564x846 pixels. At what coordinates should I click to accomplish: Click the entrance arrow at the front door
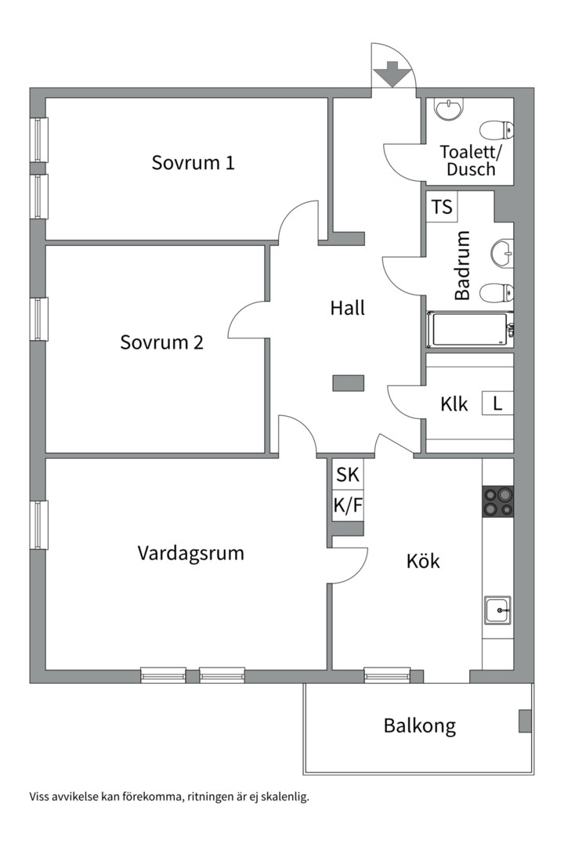tap(392, 76)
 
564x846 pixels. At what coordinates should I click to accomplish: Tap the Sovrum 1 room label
tap(193, 163)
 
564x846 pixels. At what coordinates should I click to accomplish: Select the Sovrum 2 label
tap(162, 342)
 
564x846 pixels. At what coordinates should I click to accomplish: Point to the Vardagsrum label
tap(190, 553)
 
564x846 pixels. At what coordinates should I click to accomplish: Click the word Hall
tap(347, 308)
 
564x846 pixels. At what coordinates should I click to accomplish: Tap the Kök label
tap(423, 561)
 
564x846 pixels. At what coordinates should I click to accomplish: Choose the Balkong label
tap(419, 725)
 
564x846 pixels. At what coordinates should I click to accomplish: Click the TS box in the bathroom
tap(443, 208)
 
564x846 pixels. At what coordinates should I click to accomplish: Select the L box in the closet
tap(497, 404)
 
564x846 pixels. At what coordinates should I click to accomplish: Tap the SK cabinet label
tap(348, 474)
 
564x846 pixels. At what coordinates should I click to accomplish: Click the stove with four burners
tap(497, 501)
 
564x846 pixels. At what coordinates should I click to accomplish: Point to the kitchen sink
tap(497, 609)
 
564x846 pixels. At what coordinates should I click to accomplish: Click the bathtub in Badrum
tap(469, 329)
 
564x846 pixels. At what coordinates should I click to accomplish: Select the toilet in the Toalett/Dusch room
tap(497, 130)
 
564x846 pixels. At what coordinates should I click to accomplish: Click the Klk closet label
tap(454, 404)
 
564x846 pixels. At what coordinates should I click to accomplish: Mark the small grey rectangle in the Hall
tap(348, 383)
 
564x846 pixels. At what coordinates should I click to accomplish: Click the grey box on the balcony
tap(525, 721)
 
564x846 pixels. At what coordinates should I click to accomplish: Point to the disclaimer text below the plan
tap(169, 797)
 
